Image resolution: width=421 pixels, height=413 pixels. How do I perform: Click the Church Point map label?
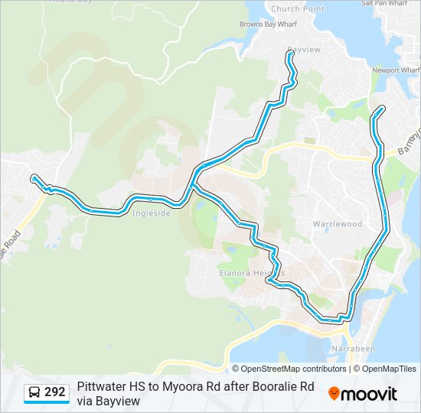point(297,9)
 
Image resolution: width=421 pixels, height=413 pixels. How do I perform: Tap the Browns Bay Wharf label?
point(267,24)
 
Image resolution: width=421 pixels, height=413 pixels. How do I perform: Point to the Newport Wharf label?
point(395,70)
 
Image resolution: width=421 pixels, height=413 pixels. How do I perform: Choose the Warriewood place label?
point(336,224)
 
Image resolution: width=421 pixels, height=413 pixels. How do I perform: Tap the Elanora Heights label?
point(240,272)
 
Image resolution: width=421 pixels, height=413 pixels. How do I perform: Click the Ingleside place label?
point(151,213)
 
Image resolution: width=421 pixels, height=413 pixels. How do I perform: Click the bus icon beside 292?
point(34,393)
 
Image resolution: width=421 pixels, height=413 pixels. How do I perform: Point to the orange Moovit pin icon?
point(334,394)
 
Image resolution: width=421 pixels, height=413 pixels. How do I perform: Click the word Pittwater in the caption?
point(103,387)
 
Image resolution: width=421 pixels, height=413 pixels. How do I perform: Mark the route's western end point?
point(33,178)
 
